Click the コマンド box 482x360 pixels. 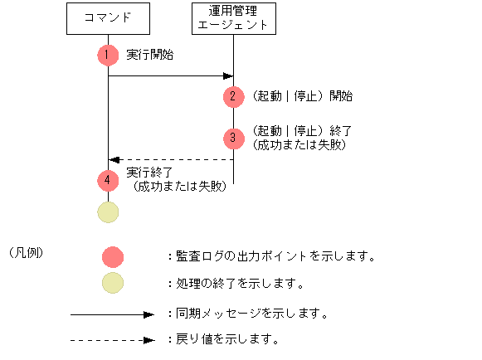tap(108, 18)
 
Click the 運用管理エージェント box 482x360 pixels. tap(232, 18)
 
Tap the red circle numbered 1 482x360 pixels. tap(108, 55)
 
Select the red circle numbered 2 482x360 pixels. tap(234, 96)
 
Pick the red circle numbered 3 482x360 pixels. tap(234, 138)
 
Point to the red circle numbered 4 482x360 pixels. tap(108, 180)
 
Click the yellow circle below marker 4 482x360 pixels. tap(108, 212)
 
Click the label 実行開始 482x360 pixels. tap(150, 55)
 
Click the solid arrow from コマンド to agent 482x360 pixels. tap(170, 76)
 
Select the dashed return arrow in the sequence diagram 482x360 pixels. tap(170, 159)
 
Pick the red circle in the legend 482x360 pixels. tap(113, 256)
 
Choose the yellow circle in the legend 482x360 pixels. tap(113, 284)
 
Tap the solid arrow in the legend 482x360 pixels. tap(112, 314)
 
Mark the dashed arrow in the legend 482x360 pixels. tap(112, 340)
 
